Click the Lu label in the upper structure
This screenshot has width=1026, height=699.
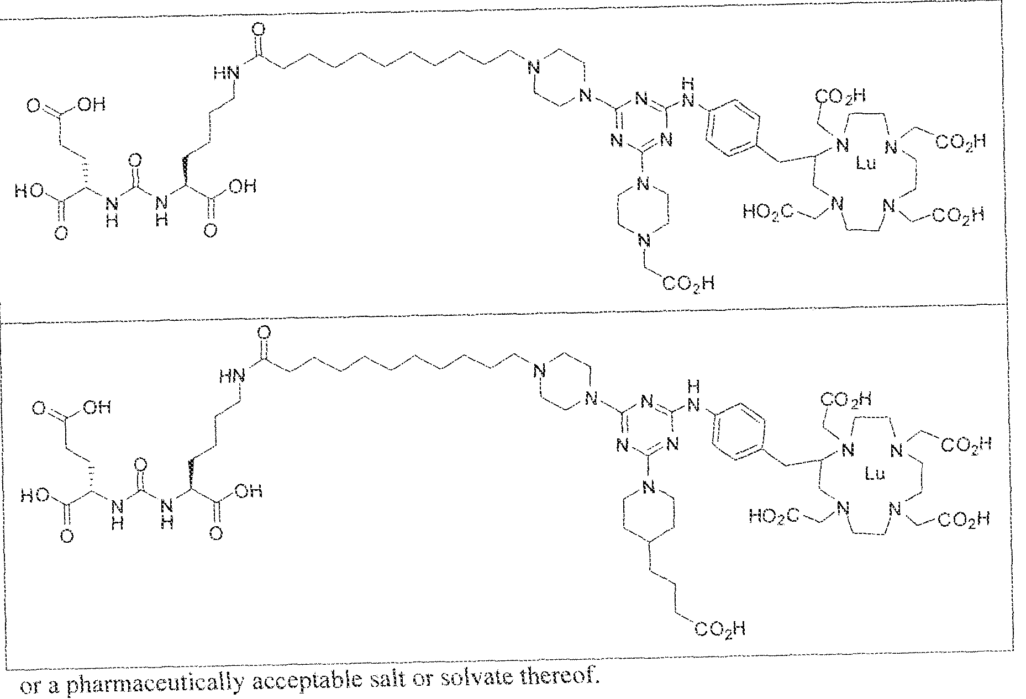865,164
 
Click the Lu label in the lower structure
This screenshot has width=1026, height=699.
874,473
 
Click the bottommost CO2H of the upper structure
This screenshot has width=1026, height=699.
688,284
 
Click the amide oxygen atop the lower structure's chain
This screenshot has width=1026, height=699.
264,332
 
